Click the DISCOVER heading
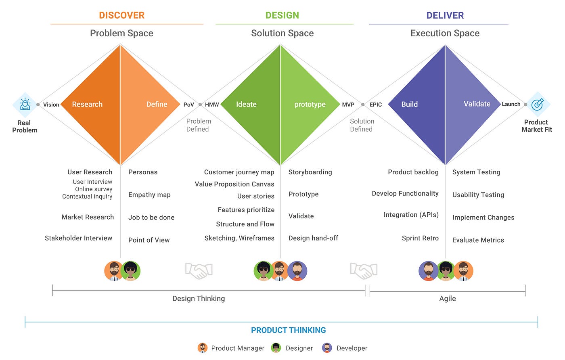pos(121,15)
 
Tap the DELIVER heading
pos(445,15)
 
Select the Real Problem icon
pos(25,104)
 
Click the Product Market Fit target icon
pos(537,104)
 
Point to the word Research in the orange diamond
pos(87,104)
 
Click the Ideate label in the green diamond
pos(246,104)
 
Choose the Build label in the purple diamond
pos(409,104)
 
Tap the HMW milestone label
pos(212,105)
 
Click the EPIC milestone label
pos(375,105)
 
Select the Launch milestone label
pos(511,104)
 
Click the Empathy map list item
pos(149,195)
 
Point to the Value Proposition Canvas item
pos(234,184)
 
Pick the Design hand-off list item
pos(313,238)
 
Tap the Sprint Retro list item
pos(420,238)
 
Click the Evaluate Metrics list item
pos(478,240)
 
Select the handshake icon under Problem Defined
pos(199,271)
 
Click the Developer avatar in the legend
pos(327,348)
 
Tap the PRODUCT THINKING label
pos(288,330)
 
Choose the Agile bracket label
pos(447,298)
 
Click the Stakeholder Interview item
pos(78,238)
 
